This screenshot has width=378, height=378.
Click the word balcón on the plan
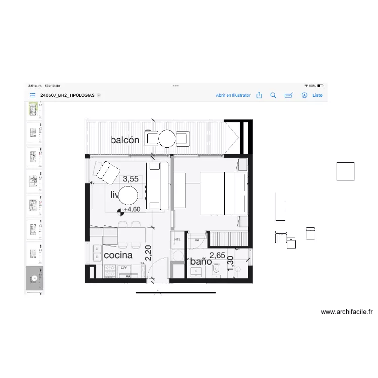[x=124, y=140]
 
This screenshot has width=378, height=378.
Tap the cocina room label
[x=118, y=255]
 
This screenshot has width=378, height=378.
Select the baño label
[x=201, y=262]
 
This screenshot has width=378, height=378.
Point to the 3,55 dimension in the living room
[x=131, y=178]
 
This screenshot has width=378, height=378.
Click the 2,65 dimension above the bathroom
[x=217, y=256]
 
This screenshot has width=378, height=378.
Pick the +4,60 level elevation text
[x=133, y=209]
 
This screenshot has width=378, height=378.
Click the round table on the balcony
[x=166, y=138]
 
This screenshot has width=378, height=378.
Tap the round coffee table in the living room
[x=128, y=196]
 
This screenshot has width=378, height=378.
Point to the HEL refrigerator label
[x=177, y=240]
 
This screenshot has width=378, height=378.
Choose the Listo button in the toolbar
[x=317, y=95]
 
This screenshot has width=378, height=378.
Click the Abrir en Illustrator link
[x=233, y=95]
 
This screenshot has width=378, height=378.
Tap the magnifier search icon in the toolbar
[x=273, y=95]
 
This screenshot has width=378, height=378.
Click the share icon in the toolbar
[x=259, y=95]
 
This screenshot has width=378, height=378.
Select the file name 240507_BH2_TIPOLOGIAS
[x=68, y=95]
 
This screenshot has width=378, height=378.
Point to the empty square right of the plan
[x=346, y=171]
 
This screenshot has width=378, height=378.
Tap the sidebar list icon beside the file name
[x=32, y=95]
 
